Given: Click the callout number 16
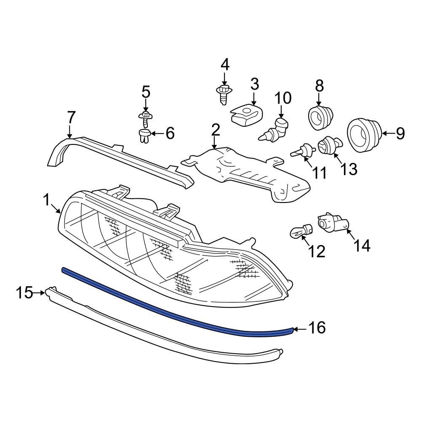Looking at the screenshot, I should point(317,328).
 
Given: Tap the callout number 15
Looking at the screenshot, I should point(24,292).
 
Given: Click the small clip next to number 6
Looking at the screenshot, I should point(144,136).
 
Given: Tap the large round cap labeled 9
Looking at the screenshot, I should point(363,134).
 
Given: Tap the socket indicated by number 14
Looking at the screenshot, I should point(334,223).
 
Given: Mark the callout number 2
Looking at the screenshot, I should point(216,130).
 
